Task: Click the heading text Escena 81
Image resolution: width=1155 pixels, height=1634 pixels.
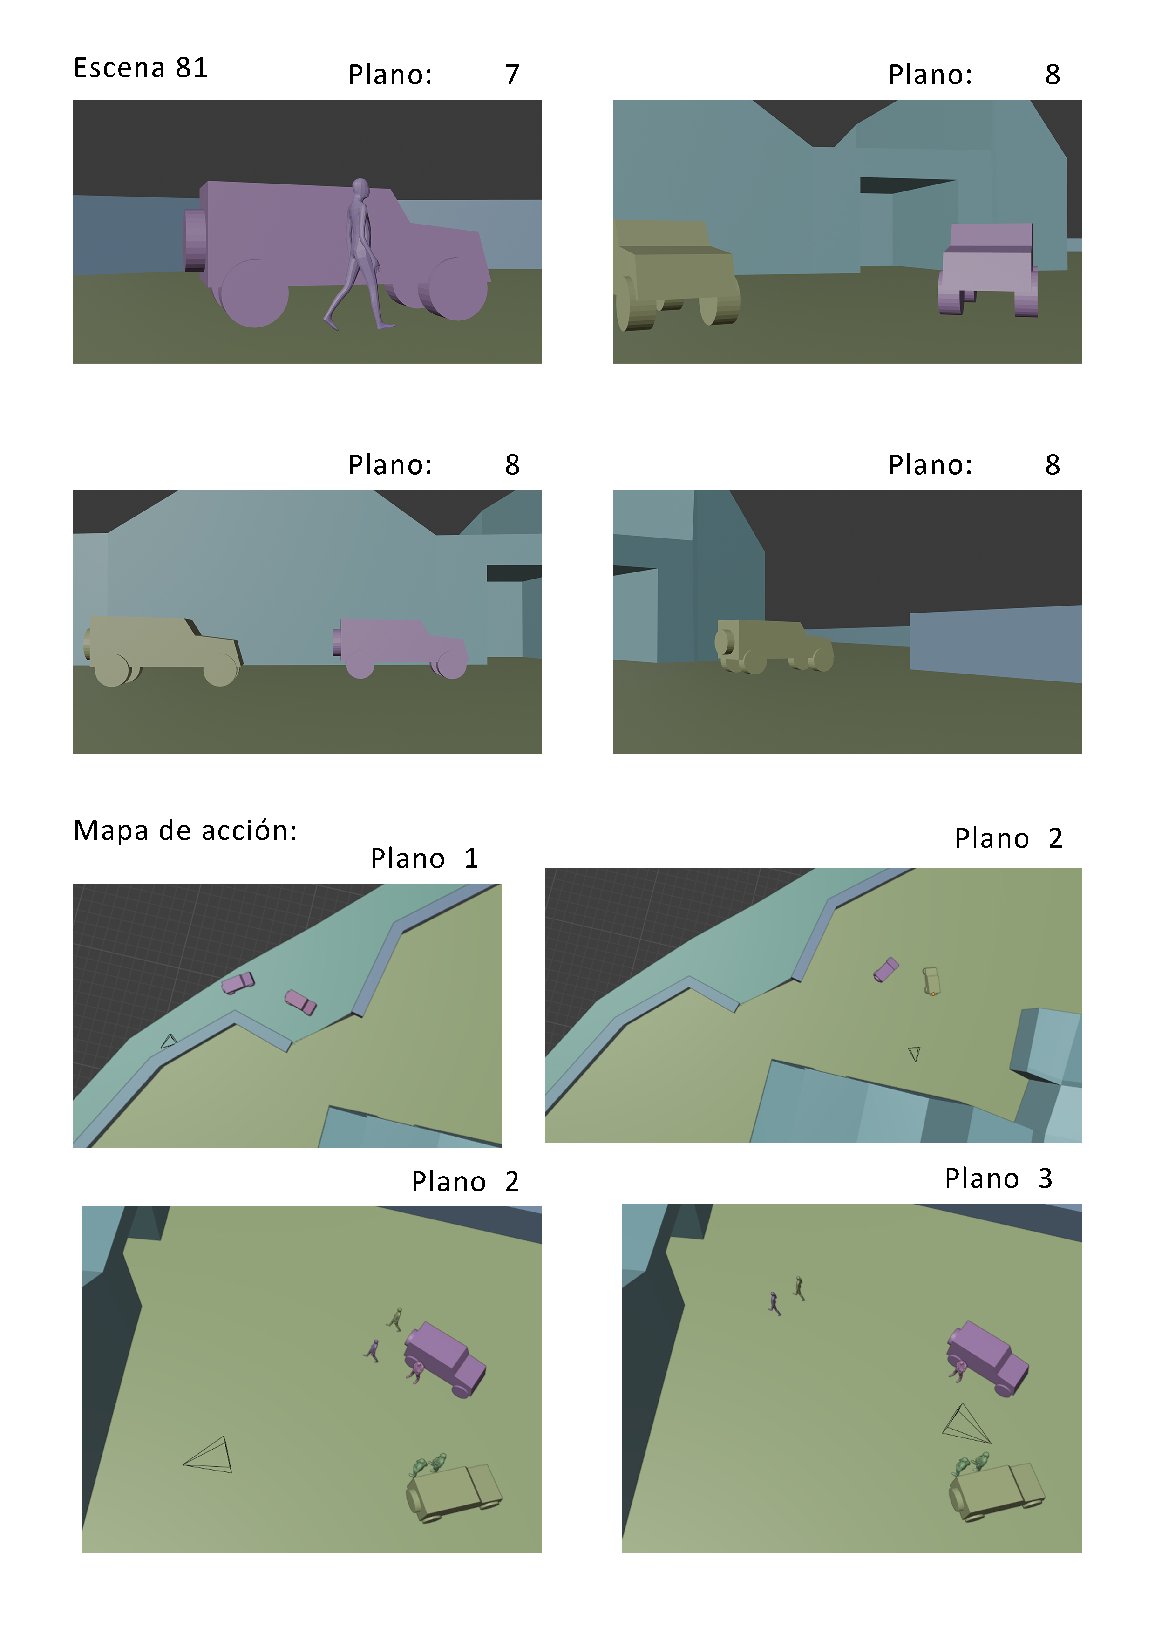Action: [141, 68]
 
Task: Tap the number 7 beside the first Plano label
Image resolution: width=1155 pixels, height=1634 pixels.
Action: [512, 74]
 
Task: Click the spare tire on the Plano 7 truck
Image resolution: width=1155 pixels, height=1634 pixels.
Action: [195, 240]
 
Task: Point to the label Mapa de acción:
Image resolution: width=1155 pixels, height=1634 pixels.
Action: [185, 830]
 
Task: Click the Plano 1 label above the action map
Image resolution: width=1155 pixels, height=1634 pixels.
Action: [424, 858]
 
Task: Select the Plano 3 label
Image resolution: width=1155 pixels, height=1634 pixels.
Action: [999, 1178]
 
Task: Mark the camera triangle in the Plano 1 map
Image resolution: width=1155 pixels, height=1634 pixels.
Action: [168, 1041]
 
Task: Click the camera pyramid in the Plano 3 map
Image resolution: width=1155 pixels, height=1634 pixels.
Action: [966, 1423]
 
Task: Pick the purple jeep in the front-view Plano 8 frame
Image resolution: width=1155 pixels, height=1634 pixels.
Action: [988, 270]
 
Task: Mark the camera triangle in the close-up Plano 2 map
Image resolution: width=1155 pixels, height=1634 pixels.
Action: [208, 1455]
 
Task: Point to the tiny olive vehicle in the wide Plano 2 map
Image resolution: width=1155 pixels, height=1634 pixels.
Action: [931, 980]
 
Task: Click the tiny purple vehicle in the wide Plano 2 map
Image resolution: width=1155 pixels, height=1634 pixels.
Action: [886, 969]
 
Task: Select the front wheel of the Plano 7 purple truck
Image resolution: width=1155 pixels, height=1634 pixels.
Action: [453, 289]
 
